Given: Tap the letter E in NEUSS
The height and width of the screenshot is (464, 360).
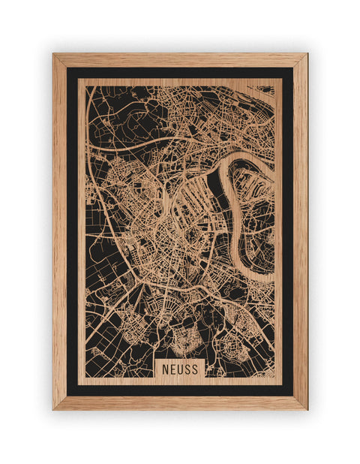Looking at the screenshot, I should pyautogui.click(x=172, y=369).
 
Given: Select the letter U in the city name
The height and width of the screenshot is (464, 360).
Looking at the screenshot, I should pyautogui.click(x=180, y=369).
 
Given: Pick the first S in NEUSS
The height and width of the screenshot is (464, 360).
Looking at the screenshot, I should pyautogui.click(x=188, y=369).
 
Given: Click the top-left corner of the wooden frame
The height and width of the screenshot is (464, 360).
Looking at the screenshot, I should pyautogui.click(x=54, y=55).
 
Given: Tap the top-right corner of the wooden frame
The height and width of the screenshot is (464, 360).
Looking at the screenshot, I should pyautogui.click(x=306, y=55).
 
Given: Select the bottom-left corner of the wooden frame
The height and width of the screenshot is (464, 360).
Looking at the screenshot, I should pyautogui.click(x=54, y=408).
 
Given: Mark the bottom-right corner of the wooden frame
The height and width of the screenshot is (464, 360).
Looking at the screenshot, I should pyautogui.click(x=306, y=408).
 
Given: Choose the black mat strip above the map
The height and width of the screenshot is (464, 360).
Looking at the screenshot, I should pyautogui.click(x=180, y=73).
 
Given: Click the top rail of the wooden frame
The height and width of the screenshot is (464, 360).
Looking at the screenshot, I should pyautogui.click(x=180, y=60).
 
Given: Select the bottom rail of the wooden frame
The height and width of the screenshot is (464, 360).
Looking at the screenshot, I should pyautogui.click(x=180, y=403).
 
